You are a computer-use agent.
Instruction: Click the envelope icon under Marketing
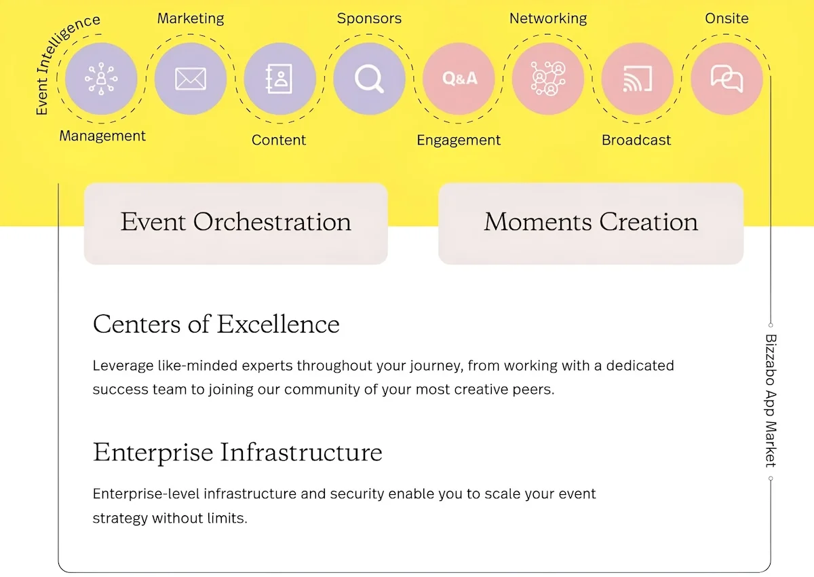[191, 79]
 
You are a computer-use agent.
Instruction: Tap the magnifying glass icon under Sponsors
[369, 79]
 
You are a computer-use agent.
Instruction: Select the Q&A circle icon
[459, 79]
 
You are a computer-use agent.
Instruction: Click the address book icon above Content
[279, 79]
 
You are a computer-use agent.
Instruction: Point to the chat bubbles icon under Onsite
[726, 79]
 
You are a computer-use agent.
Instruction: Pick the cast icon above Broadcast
[638, 79]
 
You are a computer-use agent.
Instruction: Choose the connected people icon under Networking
[548, 79]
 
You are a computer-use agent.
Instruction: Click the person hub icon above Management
[101, 79]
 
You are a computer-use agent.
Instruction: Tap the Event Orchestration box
[236, 223]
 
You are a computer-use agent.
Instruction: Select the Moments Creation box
[591, 223]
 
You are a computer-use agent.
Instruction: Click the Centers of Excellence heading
[216, 324]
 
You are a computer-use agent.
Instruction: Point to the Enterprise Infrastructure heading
[237, 452]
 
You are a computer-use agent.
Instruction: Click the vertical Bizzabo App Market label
[771, 401]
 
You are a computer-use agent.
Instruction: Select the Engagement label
[459, 141]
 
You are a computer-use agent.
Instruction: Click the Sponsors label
[369, 18]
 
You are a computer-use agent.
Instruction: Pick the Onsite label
[726, 18]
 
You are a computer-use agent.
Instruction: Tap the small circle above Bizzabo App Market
[771, 325]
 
